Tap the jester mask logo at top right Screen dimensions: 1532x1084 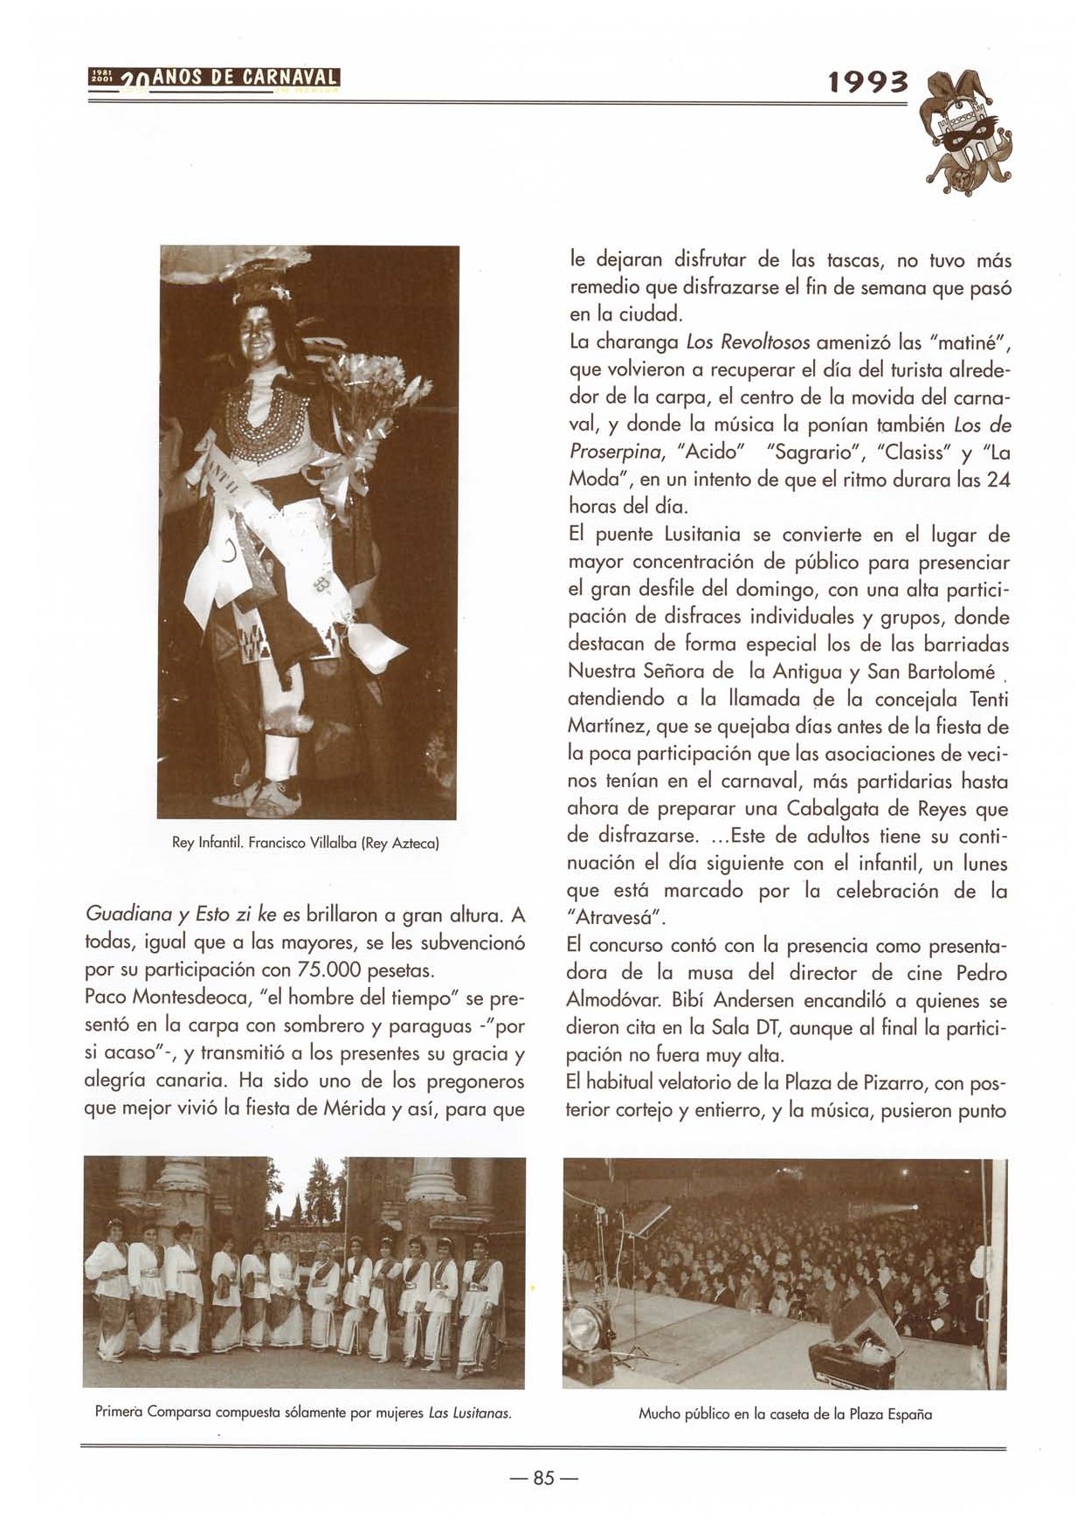(968, 131)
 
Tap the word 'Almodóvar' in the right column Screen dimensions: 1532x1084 (607, 999)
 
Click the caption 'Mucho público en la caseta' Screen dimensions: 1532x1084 (784, 1413)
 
